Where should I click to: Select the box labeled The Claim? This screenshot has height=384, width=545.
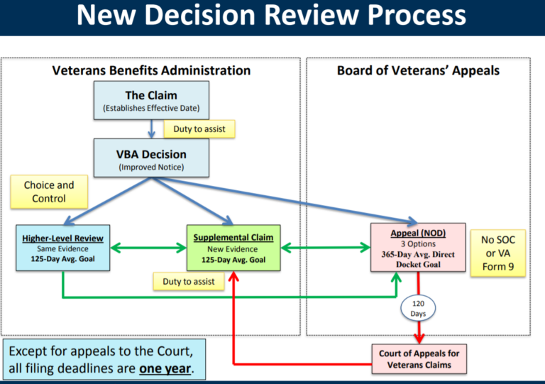pyautogui.click(x=151, y=100)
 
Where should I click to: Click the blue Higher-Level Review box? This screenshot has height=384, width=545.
pyautogui.click(x=62, y=248)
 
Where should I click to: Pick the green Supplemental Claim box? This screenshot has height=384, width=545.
pyautogui.click(x=233, y=248)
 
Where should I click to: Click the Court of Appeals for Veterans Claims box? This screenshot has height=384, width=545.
pyautogui.click(x=419, y=358)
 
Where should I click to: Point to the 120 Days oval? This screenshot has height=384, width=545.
pyautogui.click(x=418, y=308)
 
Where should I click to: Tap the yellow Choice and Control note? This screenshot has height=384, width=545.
pyautogui.click(x=49, y=192)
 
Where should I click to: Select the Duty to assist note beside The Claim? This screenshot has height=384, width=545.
pyautogui.click(x=199, y=129)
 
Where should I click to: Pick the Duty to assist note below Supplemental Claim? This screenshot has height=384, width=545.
pyautogui.click(x=188, y=282)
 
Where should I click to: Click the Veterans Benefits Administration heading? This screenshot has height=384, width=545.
pyautogui.click(x=151, y=70)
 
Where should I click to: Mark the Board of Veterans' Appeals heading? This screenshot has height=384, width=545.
pyautogui.click(x=418, y=70)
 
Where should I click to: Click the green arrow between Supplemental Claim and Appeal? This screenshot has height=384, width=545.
pyautogui.click(x=324, y=248)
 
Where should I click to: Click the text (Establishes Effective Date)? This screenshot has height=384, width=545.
pyautogui.click(x=151, y=109)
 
